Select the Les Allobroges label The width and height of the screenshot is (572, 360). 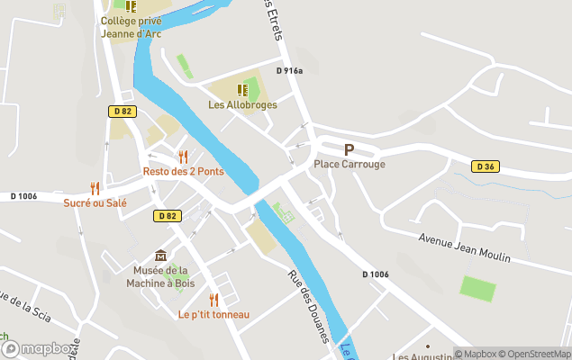tap(242, 104)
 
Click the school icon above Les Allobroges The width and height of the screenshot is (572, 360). tap(241, 90)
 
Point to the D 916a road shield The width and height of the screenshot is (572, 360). tap(289, 71)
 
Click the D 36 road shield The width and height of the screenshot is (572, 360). tap(485, 166)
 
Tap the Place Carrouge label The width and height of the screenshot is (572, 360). tap(350, 165)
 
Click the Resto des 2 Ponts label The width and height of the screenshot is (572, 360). tap(183, 172)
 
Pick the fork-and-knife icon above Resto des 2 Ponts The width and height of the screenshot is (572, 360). tap(184, 157)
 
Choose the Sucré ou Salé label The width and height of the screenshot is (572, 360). tap(95, 202)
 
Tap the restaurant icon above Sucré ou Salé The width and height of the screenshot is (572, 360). tap(95, 187)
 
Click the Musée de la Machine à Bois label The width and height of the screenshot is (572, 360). tap(160, 276)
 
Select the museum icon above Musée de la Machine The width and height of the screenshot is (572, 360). tap(160, 256)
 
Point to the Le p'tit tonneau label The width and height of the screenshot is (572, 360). tap(213, 314)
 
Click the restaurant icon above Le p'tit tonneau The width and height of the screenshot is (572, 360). tap(213, 299)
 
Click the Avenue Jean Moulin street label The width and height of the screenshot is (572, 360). tap(465, 247)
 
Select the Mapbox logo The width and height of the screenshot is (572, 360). tap(38, 349)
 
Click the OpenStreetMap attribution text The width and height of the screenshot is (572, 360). tap(537, 354)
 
